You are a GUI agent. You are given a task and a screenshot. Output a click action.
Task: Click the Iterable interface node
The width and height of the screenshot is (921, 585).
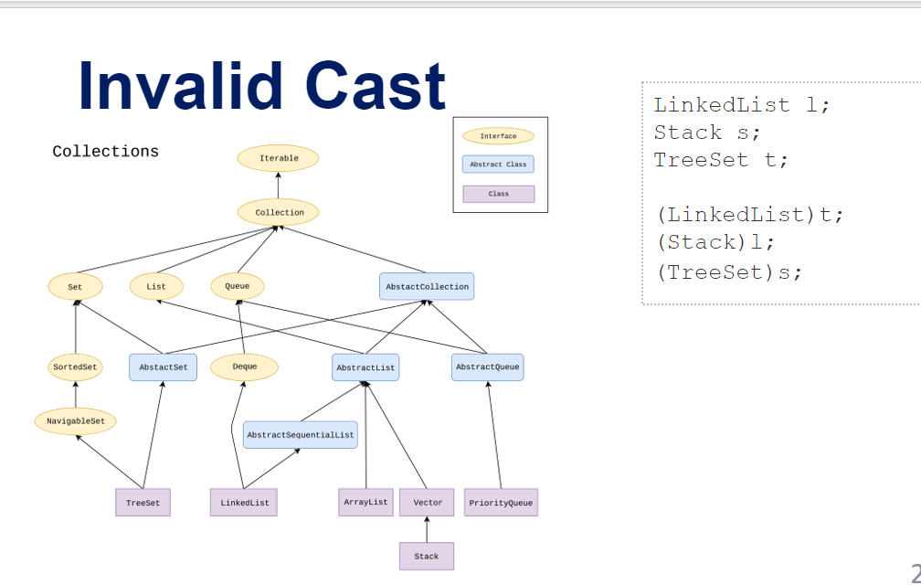[x=279, y=158]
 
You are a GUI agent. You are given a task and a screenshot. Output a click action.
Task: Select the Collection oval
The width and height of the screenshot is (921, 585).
[x=279, y=212]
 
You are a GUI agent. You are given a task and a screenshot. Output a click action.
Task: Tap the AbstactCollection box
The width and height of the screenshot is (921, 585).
[x=427, y=286]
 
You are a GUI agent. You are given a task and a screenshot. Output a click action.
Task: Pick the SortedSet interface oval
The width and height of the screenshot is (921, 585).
[x=75, y=367]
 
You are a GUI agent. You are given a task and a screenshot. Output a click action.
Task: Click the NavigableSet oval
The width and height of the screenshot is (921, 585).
[x=75, y=421]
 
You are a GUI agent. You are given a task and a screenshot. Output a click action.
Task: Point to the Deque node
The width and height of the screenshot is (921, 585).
[x=244, y=367]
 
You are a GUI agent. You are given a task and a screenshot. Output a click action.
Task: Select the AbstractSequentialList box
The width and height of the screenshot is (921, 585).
[x=300, y=435]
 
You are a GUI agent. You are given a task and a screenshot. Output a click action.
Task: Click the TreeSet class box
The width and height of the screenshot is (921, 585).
[x=143, y=503]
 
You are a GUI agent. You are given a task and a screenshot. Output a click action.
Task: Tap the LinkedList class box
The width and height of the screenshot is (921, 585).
[x=244, y=503]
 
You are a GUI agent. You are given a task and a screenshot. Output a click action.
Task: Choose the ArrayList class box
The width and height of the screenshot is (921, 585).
[x=365, y=502]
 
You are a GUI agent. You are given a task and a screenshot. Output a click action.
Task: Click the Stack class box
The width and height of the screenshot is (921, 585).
[x=426, y=556]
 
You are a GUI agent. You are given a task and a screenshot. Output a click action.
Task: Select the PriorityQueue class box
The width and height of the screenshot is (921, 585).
[x=501, y=503]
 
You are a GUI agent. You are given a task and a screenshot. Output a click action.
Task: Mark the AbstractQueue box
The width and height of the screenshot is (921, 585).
[x=487, y=367]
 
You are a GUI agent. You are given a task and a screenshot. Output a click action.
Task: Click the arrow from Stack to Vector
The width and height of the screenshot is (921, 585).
[x=427, y=529]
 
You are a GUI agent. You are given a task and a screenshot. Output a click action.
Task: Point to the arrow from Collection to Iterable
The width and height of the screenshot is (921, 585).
[x=279, y=185]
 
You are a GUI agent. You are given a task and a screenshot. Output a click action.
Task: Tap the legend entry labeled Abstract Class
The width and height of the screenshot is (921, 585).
[x=498, y=165]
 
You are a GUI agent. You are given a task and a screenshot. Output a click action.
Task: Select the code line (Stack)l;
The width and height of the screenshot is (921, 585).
[x=715, y=243]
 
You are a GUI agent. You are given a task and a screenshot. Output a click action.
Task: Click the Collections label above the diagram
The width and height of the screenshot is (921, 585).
[x=105, y=152]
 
